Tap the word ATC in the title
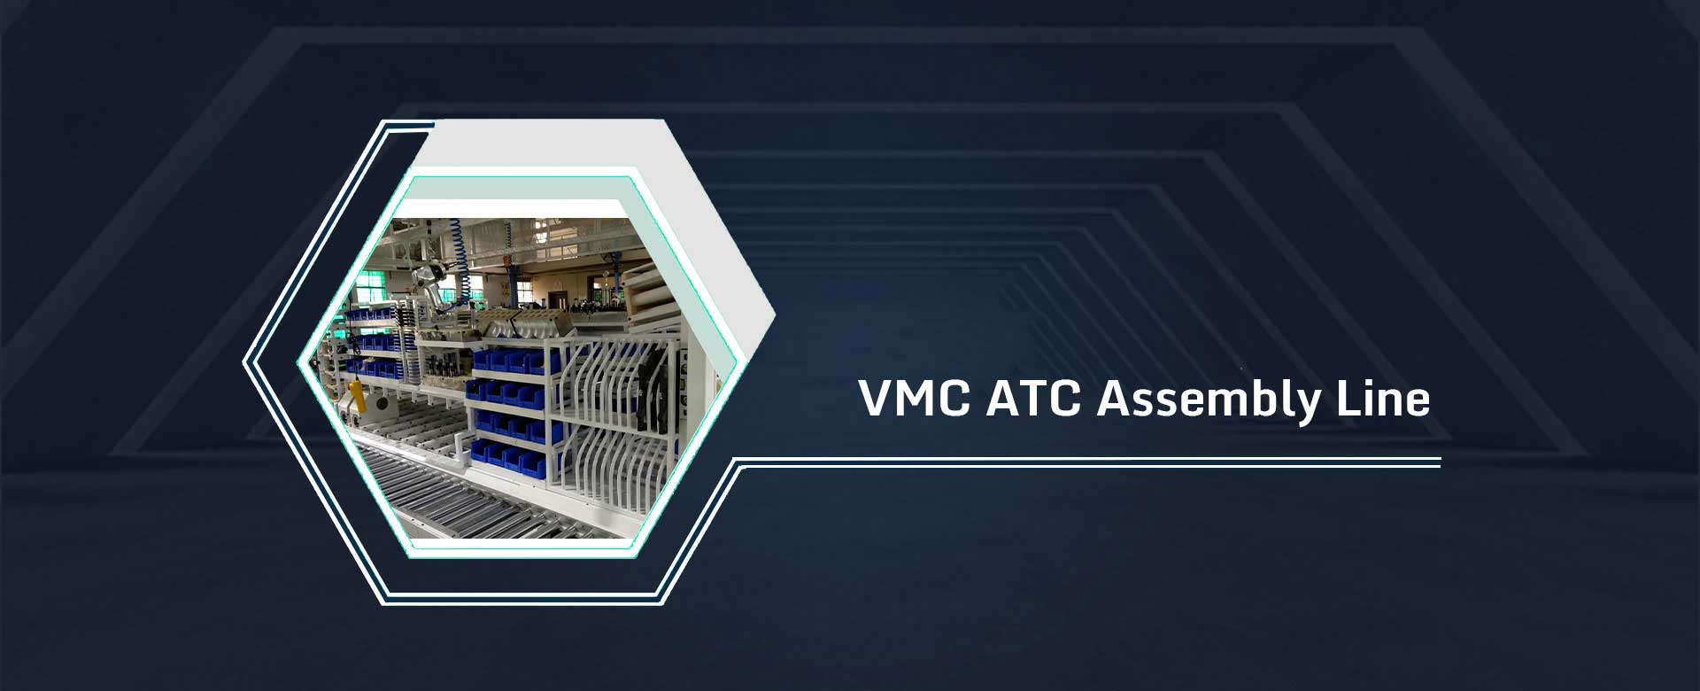pos(1033,399)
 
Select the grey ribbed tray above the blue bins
pos(523,323)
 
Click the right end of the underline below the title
pos(1441,462)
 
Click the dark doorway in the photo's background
pos(559,299)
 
